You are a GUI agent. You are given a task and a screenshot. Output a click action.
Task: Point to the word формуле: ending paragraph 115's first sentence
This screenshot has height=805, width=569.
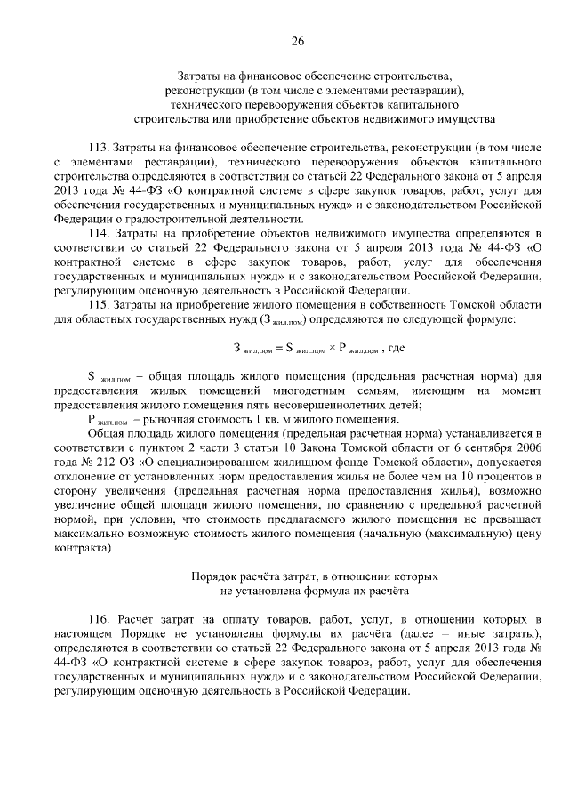tap(501, 318)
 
